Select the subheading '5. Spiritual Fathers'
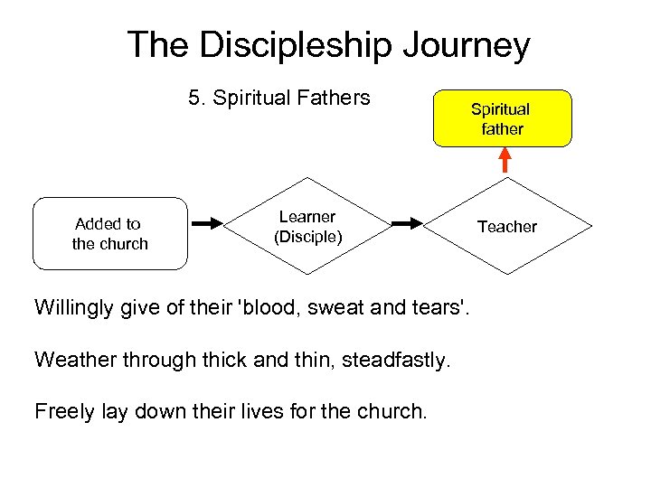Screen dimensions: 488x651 pyautogui.click(x=279, y=98)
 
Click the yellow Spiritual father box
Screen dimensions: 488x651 pyautogui.click(x=502, y=118)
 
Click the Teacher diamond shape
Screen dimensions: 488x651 pyautogui.click(x=506, y=227)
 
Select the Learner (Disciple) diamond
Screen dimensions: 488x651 pyautogui.click(x=307, y=227)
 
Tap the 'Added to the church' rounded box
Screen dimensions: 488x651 pyautogui.click(x=110, y=234)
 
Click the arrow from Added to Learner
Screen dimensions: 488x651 pyautogui.click(x=207, y=222)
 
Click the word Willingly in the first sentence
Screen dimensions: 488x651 pyautogui.click(x=74, y=307)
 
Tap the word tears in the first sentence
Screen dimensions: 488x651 pyautogui.click(x=440, y=307)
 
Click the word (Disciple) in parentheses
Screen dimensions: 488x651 pyautogui.click(x=307, y=238)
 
